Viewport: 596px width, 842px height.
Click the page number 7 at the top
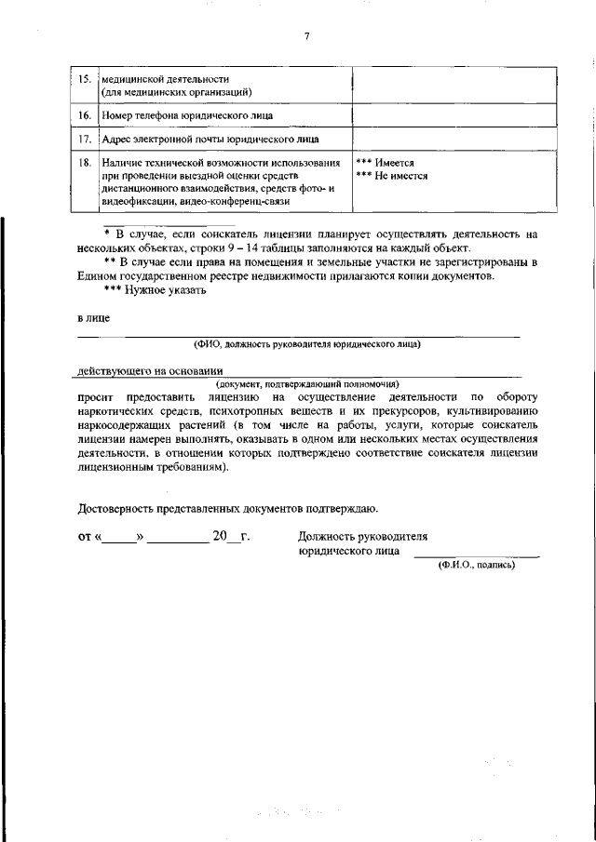(x=305, y=36)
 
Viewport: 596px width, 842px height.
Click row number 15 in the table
(x=84, y=79)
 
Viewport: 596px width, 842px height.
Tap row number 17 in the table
(x=84, y=140)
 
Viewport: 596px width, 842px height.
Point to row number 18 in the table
(x=84, y=163)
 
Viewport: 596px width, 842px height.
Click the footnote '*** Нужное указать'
(x=155, y=289)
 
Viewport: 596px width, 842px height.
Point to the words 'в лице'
(x=93, y=319)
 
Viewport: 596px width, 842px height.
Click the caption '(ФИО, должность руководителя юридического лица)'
(x=307, y=344)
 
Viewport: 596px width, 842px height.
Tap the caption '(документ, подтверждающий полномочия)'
(x=307, y=383)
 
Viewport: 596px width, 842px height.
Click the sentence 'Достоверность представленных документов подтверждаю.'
(x=227, y=508)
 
